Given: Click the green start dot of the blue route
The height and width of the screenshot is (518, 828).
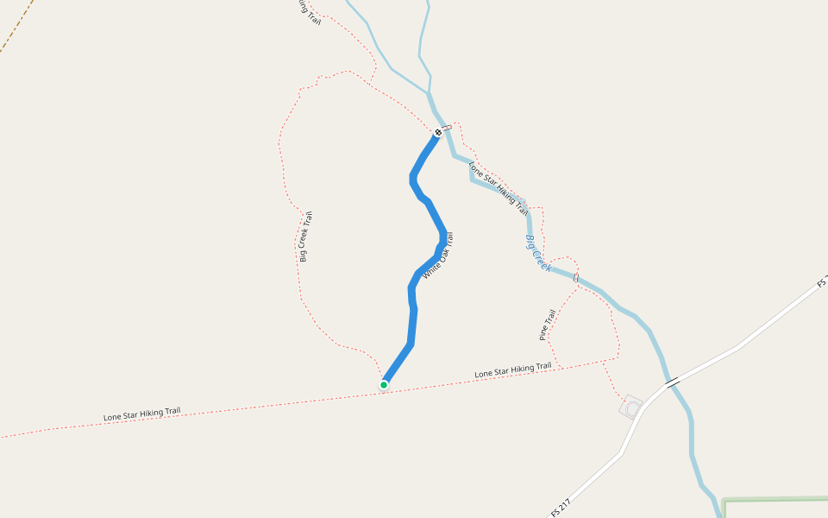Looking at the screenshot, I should (384, 385).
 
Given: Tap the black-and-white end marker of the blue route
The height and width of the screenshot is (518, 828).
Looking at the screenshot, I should (438, 132).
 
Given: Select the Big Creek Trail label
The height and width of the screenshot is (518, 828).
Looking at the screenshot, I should (305, 237).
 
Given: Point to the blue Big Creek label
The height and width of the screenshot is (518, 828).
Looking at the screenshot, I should (538, 253).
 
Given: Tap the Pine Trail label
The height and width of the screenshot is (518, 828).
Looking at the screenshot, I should (547, 325).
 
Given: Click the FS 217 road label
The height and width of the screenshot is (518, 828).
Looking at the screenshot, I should (561, 507).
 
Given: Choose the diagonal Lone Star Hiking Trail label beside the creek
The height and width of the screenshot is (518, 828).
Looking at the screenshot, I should (499, 188).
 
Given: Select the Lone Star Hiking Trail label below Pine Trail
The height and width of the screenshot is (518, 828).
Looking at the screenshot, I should (512, 370).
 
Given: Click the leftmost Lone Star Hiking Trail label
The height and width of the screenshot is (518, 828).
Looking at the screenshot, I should (141, 414).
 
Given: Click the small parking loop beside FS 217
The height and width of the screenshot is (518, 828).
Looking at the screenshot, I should (631, 407).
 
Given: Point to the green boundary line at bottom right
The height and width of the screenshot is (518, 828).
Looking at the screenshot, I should (776, 499).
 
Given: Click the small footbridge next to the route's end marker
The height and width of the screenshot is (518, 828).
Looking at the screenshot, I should (448, 127).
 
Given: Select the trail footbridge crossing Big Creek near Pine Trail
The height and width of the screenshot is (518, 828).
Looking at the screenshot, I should (575, 278).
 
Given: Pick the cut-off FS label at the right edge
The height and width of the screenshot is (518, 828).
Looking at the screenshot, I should (822, 282).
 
